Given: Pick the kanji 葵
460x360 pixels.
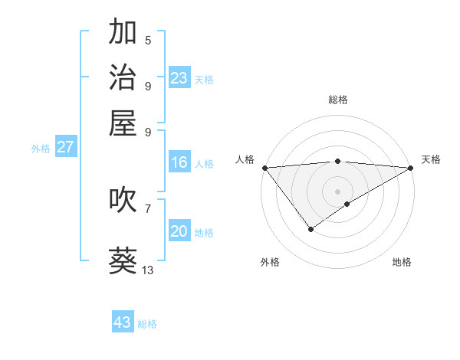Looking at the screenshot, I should tap(123, 260).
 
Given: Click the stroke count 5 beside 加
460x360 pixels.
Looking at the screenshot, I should tap(148, 40).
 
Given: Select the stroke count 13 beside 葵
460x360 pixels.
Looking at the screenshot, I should tap(148, 270).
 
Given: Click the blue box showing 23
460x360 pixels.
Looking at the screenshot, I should tap(179, 78).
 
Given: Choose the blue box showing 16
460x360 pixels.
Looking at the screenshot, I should tap(179, 162).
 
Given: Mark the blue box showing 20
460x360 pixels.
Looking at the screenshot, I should tap(179, 232).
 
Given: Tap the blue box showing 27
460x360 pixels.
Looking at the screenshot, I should tap(65, 147).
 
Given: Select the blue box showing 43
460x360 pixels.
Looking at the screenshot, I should tap(123, 322).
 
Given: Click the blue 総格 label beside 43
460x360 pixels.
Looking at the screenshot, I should tap(147, 324).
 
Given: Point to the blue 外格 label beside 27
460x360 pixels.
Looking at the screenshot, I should tap(41, 149).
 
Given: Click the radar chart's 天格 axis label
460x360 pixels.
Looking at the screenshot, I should tap(431, 159).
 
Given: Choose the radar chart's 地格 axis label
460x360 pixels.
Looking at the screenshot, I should tap(402, 262).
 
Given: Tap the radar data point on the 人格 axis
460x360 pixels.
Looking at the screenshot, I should tap(264, 167).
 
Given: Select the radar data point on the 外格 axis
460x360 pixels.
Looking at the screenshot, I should tap(310, 229).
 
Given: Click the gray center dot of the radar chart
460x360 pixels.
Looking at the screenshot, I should tap(337, 191).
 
